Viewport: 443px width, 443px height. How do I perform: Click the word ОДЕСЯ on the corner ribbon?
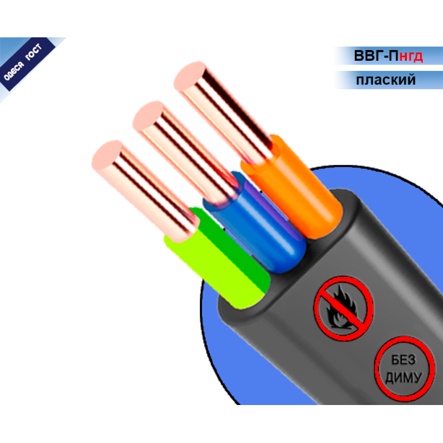[13, 71]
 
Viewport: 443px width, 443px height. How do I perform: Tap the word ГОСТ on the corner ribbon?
[34, 52]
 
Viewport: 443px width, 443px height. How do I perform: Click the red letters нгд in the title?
[411, 56]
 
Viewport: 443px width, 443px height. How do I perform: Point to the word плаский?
[385, 80]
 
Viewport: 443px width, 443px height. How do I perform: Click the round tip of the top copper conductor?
[190, 75]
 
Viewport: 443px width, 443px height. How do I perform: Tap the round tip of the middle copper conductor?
[149, 116]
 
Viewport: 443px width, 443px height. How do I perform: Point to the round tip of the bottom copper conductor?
[108, 155]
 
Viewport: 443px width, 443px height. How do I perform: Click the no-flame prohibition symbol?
[344, 308]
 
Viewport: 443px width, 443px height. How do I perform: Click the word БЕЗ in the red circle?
[404, 360]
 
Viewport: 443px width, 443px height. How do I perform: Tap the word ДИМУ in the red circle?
[404, 377]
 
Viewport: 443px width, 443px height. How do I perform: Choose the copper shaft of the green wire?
[144, 192]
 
